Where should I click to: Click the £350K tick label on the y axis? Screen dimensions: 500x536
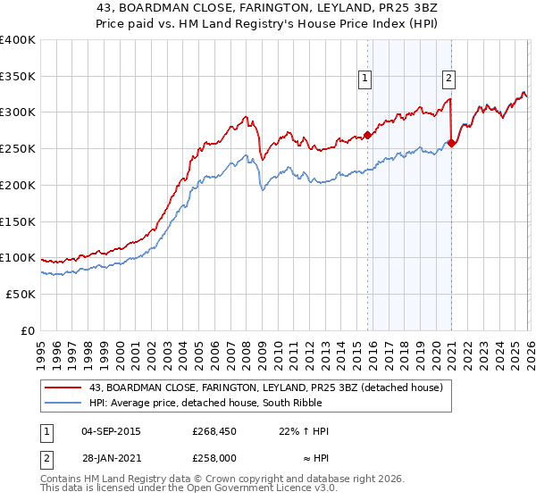[18, 77]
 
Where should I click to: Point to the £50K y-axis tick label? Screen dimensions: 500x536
[21, 294]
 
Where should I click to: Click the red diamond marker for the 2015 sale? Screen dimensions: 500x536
[367, 136]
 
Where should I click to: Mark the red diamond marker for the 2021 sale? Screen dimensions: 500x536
[452, 143]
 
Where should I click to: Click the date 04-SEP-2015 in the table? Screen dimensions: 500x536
[109, 431]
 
